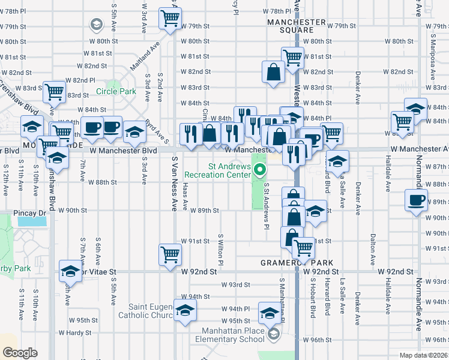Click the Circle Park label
pos(116,92)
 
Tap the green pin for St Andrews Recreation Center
pos(260,170)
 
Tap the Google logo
pos(20,353)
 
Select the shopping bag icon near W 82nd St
pos(274,72)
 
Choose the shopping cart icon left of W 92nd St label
pos(170,254)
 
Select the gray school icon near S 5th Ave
pos(95,25)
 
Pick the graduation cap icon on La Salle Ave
pos(338,160)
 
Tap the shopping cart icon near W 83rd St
pos(55,92)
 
